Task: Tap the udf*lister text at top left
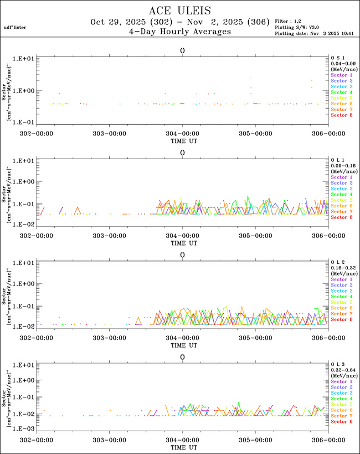coord(15,27)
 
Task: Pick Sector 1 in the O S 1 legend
coord(342,74)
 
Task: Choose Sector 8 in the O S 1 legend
coord(342,115)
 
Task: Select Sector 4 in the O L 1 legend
coord(342,195)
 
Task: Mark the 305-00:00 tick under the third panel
coord(255,337)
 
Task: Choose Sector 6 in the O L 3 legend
coord(342,410)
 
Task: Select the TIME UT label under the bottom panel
coord(182,447)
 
